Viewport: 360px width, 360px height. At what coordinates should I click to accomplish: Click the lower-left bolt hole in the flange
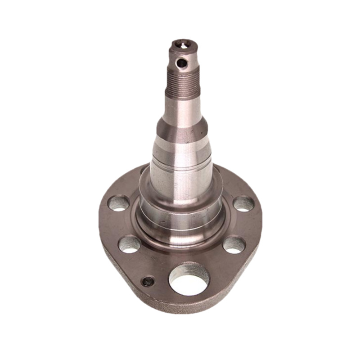[x=130, y=244]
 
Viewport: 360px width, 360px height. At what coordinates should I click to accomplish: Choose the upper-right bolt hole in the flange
[x=243, y=204]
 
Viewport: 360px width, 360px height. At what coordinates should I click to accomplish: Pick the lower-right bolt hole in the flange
[x=234, y=244]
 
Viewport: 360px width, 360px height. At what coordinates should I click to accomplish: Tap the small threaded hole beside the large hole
[x=148, y=282]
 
